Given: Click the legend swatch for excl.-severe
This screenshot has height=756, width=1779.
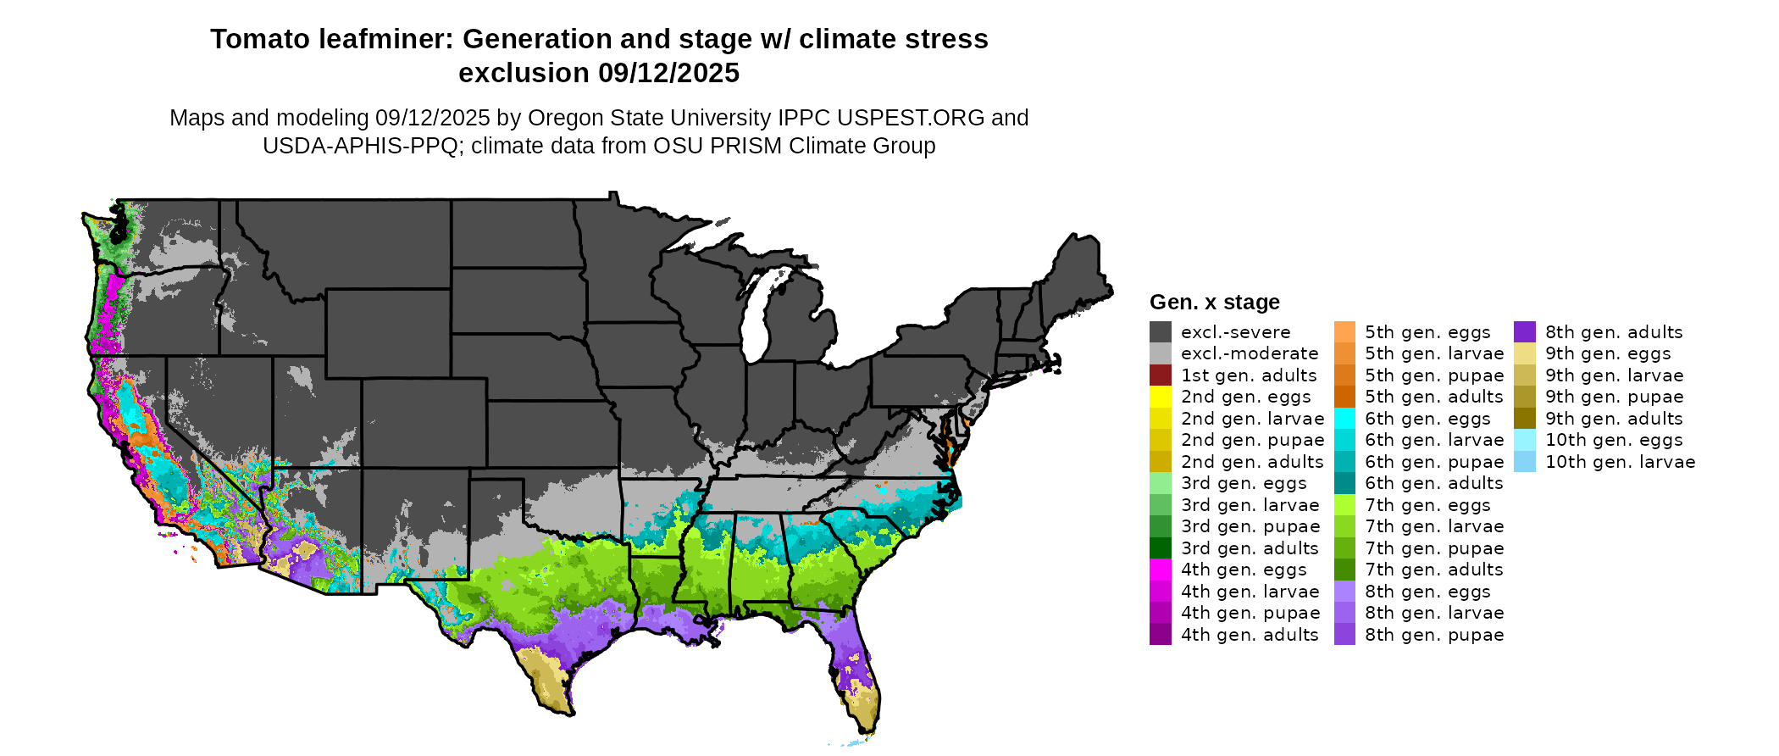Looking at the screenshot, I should [x=1160, y=332].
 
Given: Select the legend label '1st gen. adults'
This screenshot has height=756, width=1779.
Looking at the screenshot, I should [x=1249, y=375].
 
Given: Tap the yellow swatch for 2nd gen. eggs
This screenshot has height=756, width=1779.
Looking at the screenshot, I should [x=1160, y=397].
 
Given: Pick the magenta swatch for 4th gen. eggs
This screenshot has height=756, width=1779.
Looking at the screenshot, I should [x=1160, y=570].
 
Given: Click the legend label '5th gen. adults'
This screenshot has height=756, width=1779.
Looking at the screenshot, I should [x=1433, y=397].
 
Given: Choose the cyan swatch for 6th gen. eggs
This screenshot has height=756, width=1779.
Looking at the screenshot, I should [x=1344, y=419].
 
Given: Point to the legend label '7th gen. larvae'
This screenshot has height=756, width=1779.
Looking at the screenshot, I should [x=1433, y=526].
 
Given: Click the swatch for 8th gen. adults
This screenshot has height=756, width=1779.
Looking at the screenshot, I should [x=1524, y=332].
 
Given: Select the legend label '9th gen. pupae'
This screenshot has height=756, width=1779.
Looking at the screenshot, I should [x=1614, y=397].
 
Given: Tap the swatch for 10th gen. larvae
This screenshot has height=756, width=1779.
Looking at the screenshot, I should [x=1524, y=462].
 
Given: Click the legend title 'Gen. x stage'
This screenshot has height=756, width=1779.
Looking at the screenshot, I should [x=1214, y=303].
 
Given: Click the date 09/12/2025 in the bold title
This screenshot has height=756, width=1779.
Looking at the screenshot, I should [x=668, y=74].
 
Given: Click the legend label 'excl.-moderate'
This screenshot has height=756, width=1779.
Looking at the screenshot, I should [x=1249, y=353].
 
